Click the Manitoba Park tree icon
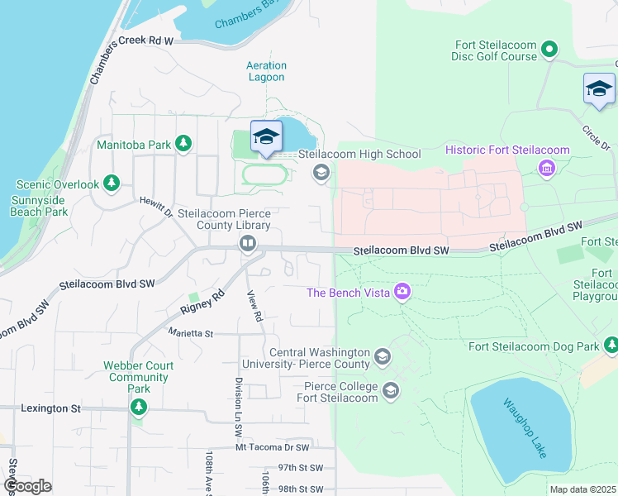(x=183, y=145)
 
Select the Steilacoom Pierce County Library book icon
(x=247, y=243)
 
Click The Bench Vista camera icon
(x=402, y=291)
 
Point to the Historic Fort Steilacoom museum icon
(x=545, y=169)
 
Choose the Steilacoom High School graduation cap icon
(x=321, y=173)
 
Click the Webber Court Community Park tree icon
(x=139, y=407)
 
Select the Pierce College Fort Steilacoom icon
(x=391, y=391)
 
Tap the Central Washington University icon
(x=382, y=357)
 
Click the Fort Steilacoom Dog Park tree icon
(x=611, y=346)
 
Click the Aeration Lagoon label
(x=266, y=71)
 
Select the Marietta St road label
(x=191, y=334)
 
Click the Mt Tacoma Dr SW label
(x=272, y=447)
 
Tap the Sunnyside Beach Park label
(x=40, y=206)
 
